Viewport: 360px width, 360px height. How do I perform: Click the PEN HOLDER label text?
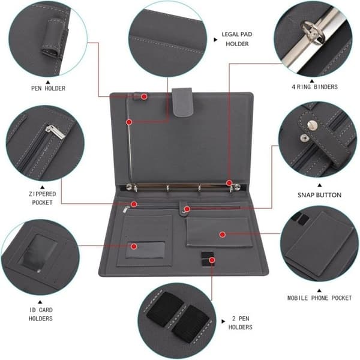click(x=48, y=88)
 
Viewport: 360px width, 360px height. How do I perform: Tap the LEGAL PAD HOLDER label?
click(x=237, y=39)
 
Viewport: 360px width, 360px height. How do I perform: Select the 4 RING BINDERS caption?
click(x=314, y=87)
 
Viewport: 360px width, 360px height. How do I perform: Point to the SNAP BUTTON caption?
click(x=319, y=195)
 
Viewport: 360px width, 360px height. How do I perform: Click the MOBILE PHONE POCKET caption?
click(x=320, y=298)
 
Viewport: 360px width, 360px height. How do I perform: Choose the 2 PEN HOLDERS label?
click(x=241, y=323)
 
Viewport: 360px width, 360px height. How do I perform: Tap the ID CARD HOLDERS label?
click(x=41, y=314)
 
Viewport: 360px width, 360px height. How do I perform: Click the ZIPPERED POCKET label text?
click(x=42, y=198)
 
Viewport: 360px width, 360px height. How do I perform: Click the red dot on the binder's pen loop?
click(x=144, y=97)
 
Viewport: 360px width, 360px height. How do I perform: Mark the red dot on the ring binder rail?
click(x=229, y=183)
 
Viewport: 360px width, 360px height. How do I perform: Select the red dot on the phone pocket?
click(x=222, y=235)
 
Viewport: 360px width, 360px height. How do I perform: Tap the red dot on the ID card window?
click(x=134, y=247)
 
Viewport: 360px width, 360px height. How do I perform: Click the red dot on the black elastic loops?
click(x=212, y=260)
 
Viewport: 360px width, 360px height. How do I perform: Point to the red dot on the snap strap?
click(x=187, y=209)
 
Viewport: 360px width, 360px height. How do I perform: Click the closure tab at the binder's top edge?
click(x=182, y=102)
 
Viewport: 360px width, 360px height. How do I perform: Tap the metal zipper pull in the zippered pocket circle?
click(x=55, y=132)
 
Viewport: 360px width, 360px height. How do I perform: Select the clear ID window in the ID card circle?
click(x=40, y=252)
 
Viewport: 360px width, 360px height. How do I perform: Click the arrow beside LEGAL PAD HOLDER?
click(x=215, y=40)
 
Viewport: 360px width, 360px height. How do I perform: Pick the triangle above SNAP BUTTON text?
click(x=319, y=185)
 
